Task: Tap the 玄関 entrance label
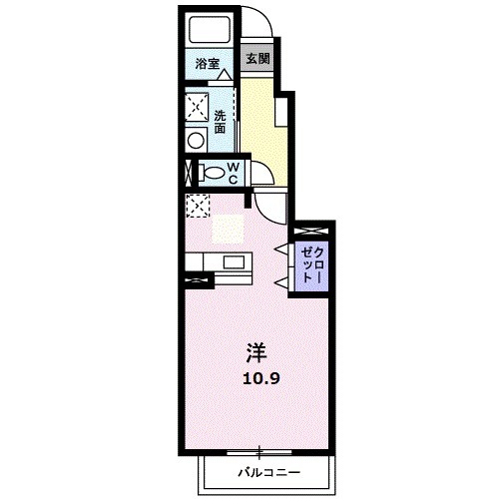tap(257, 58)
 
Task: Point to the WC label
tap(231, 173)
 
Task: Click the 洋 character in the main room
tap(256, 351)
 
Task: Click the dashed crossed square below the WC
tap(197, 207)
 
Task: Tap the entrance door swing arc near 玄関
tap(257, 25)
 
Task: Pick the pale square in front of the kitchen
tap(228, 229)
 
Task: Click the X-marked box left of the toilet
tap(188, 173)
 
